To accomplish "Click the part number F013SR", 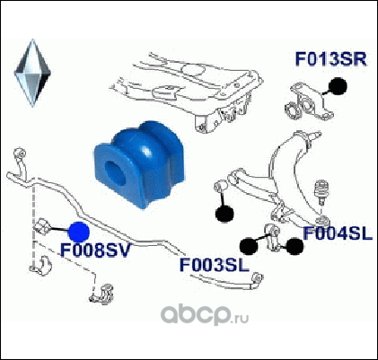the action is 330,59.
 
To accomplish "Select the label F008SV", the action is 96,250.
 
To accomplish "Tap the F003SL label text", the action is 215,265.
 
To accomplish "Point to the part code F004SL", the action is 338,233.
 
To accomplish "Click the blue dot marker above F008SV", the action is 79,232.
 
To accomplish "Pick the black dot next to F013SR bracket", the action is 338,86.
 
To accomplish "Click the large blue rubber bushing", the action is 140,163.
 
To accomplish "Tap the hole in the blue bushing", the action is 115,172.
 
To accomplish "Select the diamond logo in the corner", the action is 32,73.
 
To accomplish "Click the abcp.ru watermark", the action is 205,315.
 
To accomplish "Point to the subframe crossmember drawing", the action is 186,91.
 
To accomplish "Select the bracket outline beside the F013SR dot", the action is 308,101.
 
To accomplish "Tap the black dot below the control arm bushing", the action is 224,214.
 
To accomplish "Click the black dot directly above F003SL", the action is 249,246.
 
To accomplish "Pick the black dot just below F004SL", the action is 294,246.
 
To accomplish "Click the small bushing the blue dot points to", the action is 42,226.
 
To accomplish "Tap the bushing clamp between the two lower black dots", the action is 272,238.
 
